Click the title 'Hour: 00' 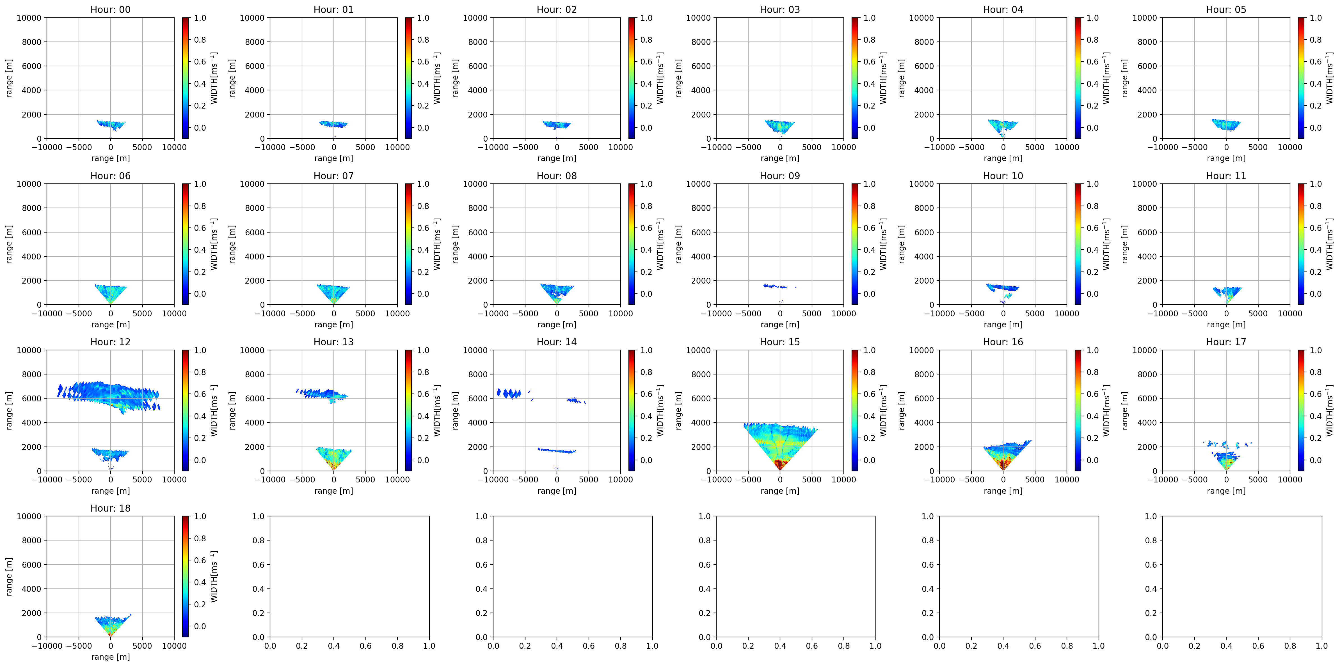110,9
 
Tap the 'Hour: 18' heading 110,508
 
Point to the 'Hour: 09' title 780,176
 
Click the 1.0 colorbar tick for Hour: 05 1316,18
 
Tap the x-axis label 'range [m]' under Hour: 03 780,158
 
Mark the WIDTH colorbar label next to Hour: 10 1106,244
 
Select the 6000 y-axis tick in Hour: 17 1147,398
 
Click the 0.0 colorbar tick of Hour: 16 1092,460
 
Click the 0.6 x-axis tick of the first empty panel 366,646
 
